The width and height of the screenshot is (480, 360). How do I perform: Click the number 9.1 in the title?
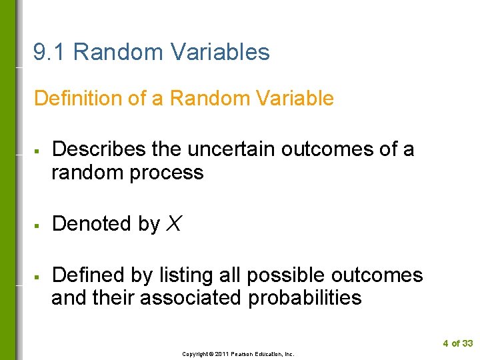(50, 52)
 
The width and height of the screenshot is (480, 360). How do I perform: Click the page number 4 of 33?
(457, 343)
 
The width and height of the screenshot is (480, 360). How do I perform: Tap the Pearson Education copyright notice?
(238, 354)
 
